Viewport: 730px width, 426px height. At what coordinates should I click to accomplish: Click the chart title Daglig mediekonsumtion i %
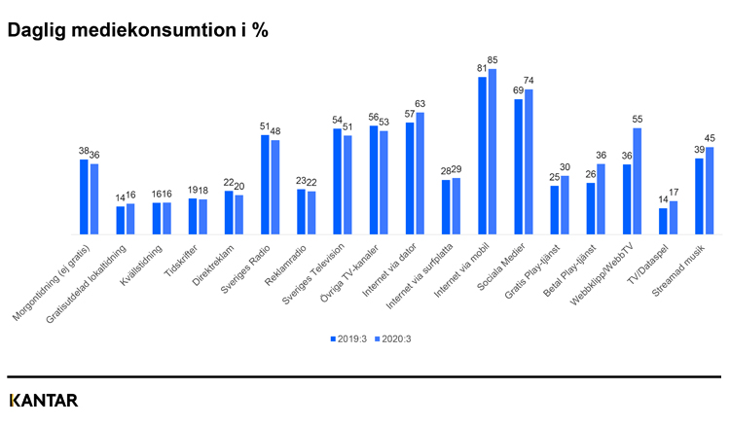[x=137, y=29]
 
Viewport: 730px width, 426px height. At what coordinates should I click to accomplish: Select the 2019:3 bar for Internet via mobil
[x=482, y=156]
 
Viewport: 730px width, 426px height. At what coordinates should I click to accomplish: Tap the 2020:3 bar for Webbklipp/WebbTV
[x=638, y=181]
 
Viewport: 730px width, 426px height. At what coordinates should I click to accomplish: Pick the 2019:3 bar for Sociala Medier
[x=518, y=166]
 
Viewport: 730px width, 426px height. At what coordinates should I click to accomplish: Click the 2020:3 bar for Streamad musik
[x=710, y=191]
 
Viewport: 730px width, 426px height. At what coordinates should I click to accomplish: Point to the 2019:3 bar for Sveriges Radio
[x=265, y=185]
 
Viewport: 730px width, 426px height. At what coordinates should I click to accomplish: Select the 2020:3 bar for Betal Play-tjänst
[x=601, y=199]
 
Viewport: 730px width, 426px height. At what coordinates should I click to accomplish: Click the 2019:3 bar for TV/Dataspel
[x=663, y=222]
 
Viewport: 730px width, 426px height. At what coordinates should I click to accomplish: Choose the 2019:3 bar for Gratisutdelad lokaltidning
[x=121, y=221]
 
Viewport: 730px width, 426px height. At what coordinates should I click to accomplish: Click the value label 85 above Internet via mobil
[x=493, y=60]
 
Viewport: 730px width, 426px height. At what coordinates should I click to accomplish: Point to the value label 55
[x=638, y=119]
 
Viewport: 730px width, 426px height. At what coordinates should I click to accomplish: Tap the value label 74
[x=529, y=81]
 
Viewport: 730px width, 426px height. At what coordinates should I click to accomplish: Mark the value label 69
[x=518, y=90]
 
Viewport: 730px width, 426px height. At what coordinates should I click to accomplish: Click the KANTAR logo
[x=43, y=401]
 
